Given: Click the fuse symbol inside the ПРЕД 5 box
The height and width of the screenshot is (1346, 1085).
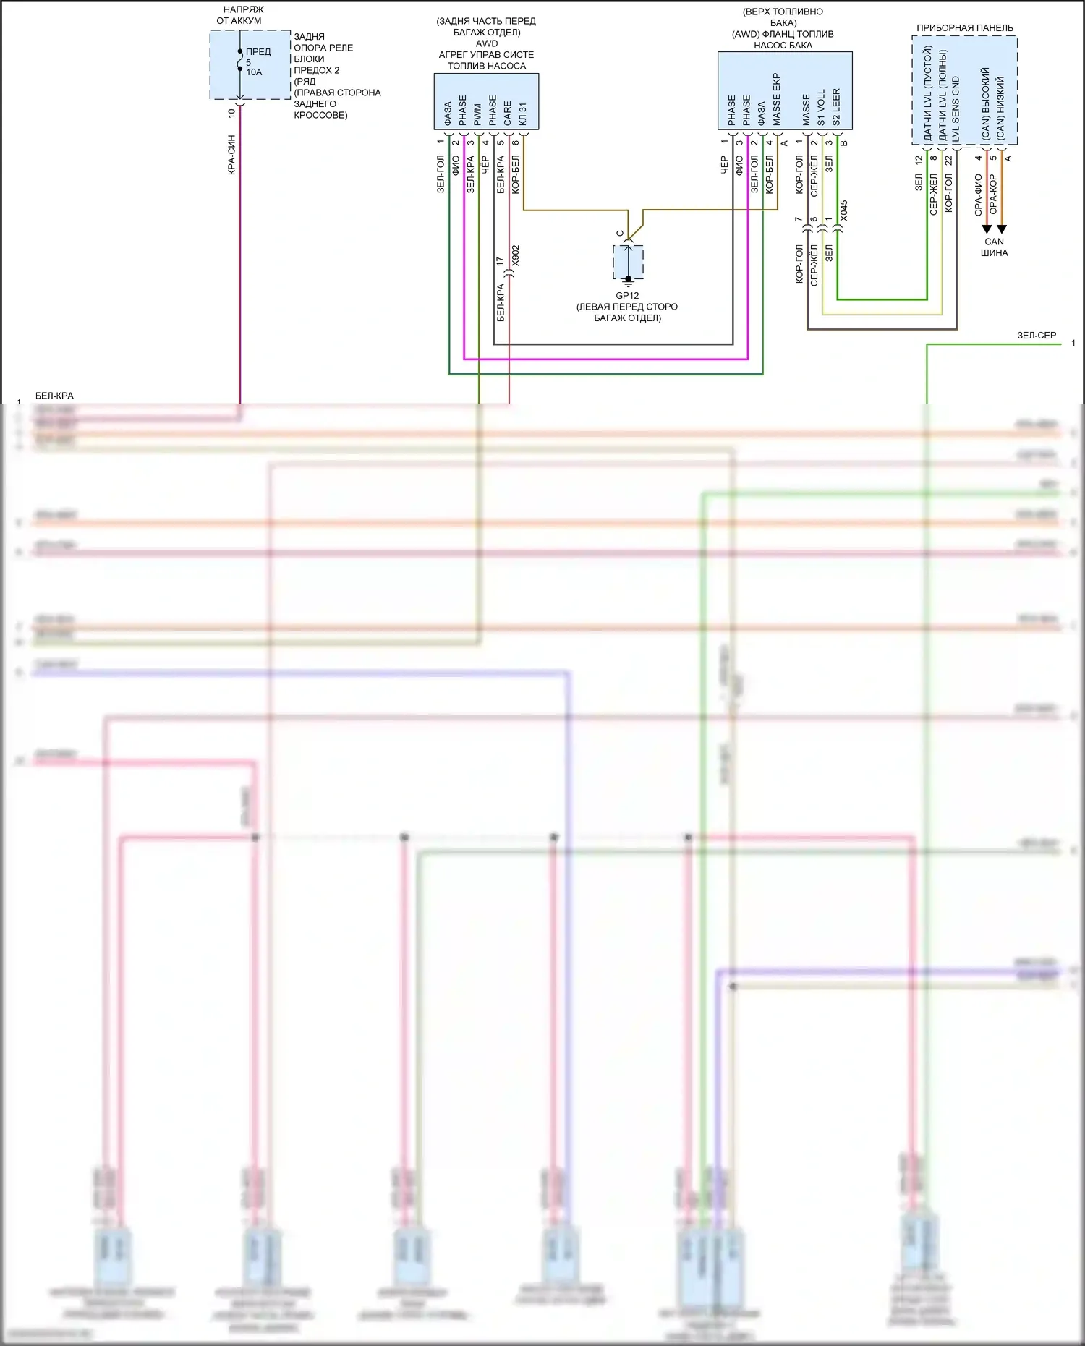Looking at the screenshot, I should tap(240, 61).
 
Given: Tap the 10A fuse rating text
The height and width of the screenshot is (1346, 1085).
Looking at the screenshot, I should tap(254, 72).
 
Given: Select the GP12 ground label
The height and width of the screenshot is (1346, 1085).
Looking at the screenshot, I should tap(627, 295).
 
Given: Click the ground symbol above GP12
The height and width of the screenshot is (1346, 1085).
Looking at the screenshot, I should tap(629, 280).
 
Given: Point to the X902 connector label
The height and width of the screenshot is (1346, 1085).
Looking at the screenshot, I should tap(516, 256).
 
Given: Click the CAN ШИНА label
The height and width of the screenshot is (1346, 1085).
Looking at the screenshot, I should tap(994, 247).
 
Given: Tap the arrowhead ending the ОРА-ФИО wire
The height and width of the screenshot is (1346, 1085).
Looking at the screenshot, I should tap(987, 229).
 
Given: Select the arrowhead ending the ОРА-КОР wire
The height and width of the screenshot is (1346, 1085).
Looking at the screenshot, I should tap(1002, 229).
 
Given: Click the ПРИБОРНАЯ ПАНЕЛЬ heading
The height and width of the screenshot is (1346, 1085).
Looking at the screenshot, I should tap(965, 28).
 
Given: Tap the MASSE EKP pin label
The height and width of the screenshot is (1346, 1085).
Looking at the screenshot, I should tap(777, 100).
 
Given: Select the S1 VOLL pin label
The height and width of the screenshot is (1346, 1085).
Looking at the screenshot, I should tap(822, 108).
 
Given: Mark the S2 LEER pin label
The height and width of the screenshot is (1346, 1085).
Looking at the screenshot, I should tap(837, 108).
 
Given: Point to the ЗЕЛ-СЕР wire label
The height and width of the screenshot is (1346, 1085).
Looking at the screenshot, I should tap(1037, 336).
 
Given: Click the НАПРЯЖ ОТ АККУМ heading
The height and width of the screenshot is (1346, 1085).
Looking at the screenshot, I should tap(239, 15).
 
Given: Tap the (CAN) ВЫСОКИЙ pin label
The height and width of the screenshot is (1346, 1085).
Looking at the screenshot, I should tap(985, 104).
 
